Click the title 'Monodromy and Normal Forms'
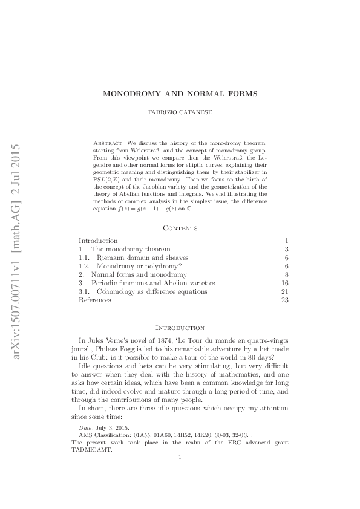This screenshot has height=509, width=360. click(180, 94)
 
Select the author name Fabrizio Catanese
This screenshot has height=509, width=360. click(180, 113)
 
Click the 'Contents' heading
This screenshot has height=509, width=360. click(180, 228)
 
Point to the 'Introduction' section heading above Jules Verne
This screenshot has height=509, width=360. click(180, 328)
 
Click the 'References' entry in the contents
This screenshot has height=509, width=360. click(94, 300)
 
